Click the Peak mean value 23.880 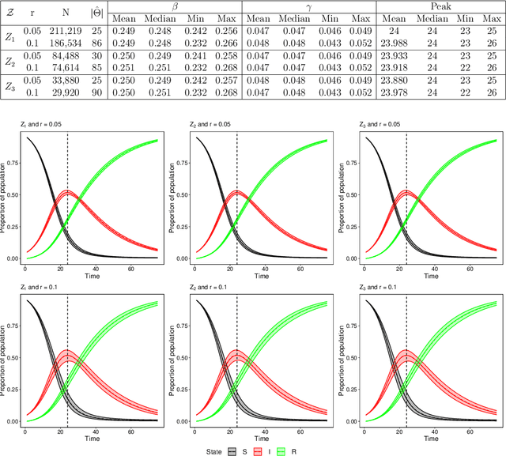coord(395,81)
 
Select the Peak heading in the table coord(441,6)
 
